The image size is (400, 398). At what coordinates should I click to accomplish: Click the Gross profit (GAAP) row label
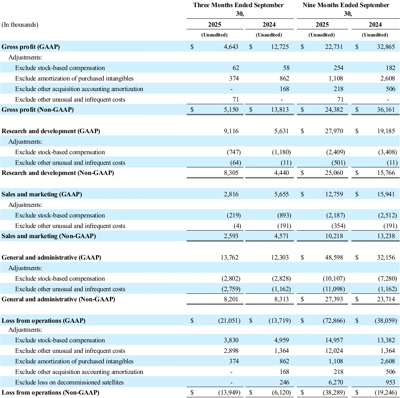(31, 47)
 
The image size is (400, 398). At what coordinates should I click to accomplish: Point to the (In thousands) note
(20, 25)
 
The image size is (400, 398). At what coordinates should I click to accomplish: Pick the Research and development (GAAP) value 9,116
(231, 131)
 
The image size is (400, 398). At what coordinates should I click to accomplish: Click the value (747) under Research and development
(233, 152)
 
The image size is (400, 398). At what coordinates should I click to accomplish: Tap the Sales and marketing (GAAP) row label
(42, 194)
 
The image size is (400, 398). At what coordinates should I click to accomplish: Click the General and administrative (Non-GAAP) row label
(58, 299)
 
